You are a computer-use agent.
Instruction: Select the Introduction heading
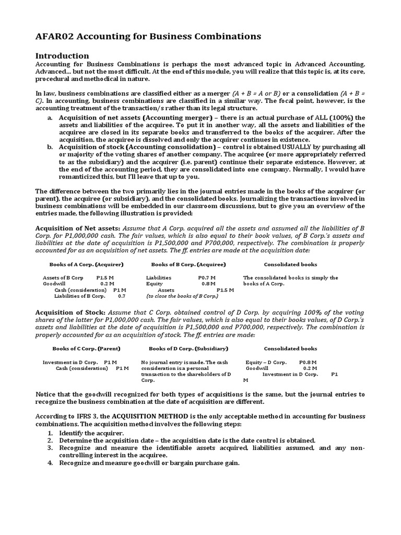click(62, 56)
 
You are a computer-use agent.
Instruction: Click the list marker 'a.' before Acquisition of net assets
click(50, 118)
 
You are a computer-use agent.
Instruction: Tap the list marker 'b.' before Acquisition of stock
click(50, 148)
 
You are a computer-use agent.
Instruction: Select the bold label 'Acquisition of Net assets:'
click(77, 228)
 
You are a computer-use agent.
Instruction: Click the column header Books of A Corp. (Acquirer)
click(86, 264)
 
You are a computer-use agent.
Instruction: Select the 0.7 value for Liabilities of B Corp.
click(122, 296)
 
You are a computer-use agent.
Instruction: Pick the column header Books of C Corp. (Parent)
click(86, 348)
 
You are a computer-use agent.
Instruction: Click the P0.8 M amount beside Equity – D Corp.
click(308, 362)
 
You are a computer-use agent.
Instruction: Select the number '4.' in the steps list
click(50, 463)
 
